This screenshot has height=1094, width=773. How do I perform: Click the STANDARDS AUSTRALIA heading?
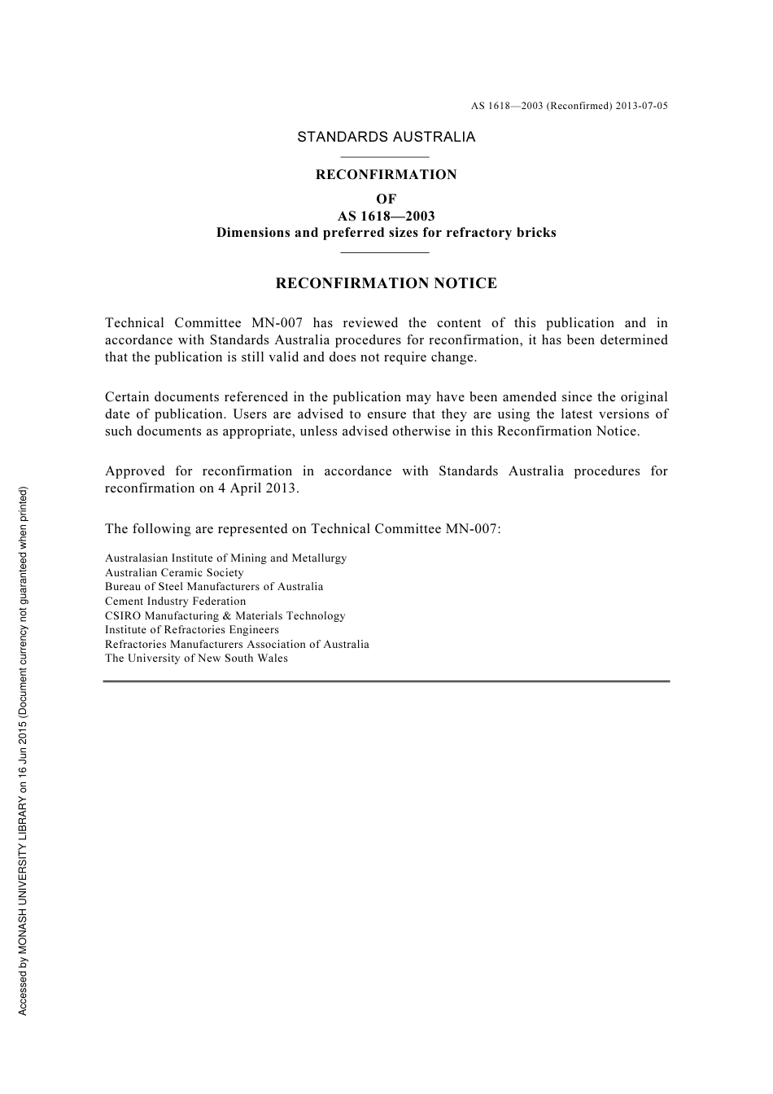tap(386, 137)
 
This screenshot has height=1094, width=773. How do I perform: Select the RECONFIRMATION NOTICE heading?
tap(386, 283)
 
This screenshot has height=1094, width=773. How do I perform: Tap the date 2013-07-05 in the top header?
tap(641, 106)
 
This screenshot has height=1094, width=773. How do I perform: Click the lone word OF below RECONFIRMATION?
tap(386, 199)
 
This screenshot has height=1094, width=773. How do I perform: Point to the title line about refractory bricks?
tap(386, 233)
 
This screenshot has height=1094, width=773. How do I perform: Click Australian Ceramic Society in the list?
tap(174, 572)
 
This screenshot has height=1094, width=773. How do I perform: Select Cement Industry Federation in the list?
tap(175, 601)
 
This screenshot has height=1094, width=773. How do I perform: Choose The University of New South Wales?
tap(196, 658)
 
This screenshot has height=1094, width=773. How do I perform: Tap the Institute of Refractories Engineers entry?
tap(191, 629)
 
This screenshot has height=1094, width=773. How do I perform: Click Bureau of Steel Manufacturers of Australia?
tap(214, 586)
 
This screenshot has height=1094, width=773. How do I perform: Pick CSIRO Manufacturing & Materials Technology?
tap(225, 615)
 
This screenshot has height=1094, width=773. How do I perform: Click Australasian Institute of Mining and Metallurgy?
tap(225, 558)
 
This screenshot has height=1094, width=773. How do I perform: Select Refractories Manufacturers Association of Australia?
tap(237, 644)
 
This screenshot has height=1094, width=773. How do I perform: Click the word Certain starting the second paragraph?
tap(128, 397)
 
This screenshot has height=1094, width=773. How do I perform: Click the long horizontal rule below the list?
tap(386, 680)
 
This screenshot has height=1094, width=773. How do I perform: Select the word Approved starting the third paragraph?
tap(134, 471)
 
